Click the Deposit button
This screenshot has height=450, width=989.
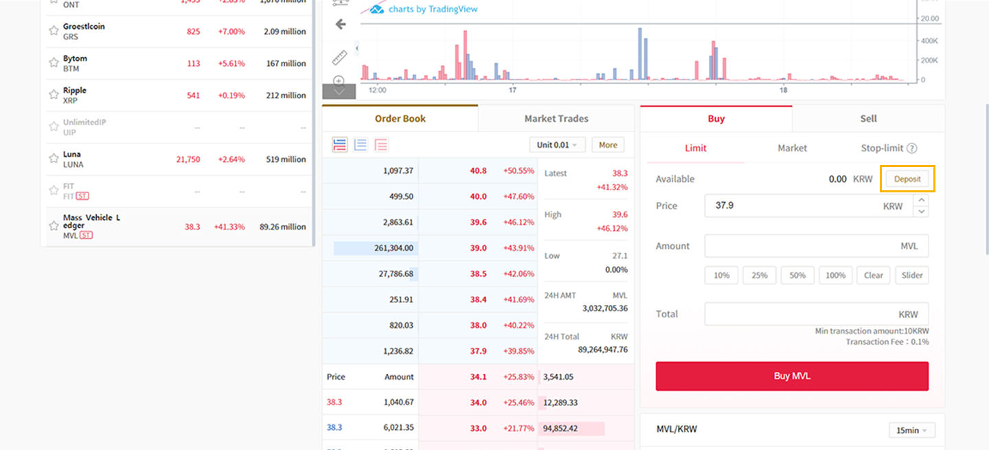click(x=907, y=179)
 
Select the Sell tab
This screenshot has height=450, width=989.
click(x=868, y=119)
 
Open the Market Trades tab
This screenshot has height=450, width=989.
click(x=556, y=119)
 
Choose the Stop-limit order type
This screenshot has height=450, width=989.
click(x=889, y=148)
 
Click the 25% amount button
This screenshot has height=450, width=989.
click(x=759, y=275)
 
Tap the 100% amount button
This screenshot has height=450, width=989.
click(x=835, y=275)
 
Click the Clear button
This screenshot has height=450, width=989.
click(x=873, y=275)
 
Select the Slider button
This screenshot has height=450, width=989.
click(x=912, y=275)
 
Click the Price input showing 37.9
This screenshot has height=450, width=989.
click(x=808, y=205)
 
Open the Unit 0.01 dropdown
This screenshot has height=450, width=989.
click(x=557, y=145)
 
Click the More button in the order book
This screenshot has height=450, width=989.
click(x=608, y=145)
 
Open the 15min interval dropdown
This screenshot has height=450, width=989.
click(x=911, y=431)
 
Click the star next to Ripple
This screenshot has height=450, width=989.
click(x=54, y=95)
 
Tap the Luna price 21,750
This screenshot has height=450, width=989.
click(x=187, y=159)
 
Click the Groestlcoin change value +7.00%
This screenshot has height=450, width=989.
click(x=231, y=32)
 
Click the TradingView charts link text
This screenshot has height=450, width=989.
click(x=433, y=10)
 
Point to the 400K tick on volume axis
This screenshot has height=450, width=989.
click(x=930, y=41)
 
